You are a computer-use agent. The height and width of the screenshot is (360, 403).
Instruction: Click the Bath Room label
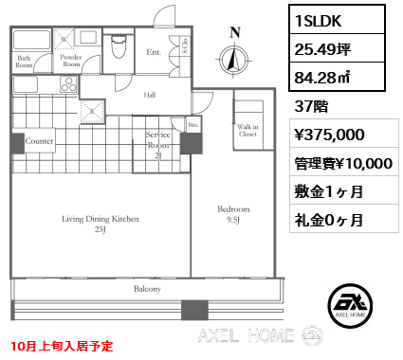tap(24, 62)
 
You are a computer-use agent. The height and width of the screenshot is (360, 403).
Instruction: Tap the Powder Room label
tap(71, 61)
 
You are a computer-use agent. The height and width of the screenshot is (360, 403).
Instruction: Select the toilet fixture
tap(119, 46)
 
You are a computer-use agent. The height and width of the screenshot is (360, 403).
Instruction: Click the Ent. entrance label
tap(154, 52)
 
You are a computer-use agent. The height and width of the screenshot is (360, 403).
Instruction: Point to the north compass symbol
tap(234, 58)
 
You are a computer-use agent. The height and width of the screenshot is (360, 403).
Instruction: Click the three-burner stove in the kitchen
tap(68, 84)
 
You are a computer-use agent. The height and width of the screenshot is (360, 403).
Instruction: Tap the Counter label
tap(39, 141)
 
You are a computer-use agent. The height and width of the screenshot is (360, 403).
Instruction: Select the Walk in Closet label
tap(247, 130)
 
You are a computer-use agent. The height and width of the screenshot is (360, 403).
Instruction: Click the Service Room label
tap(158, 145)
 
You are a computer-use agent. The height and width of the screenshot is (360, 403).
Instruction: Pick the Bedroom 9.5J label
tap(233, 214)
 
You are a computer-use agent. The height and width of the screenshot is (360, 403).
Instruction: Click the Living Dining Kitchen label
tap(101, 224)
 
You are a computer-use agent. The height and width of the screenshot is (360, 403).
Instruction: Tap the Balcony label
tap(147, 289)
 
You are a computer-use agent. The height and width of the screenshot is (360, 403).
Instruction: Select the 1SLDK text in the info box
tap(318, 21)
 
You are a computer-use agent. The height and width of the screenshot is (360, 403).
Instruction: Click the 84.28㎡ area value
tap(321, 78)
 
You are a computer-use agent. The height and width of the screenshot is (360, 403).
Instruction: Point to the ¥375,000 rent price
tap(329, 135)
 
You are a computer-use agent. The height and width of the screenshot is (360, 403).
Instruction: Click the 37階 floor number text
tap(311, 106)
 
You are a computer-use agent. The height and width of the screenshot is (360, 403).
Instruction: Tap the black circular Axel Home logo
tap(350, 305)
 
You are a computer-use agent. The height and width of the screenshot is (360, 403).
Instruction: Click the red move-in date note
tap(62, 346)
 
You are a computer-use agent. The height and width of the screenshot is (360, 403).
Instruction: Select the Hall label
tap(150, 95)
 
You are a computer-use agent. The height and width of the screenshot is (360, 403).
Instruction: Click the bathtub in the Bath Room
tap(31, 40)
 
